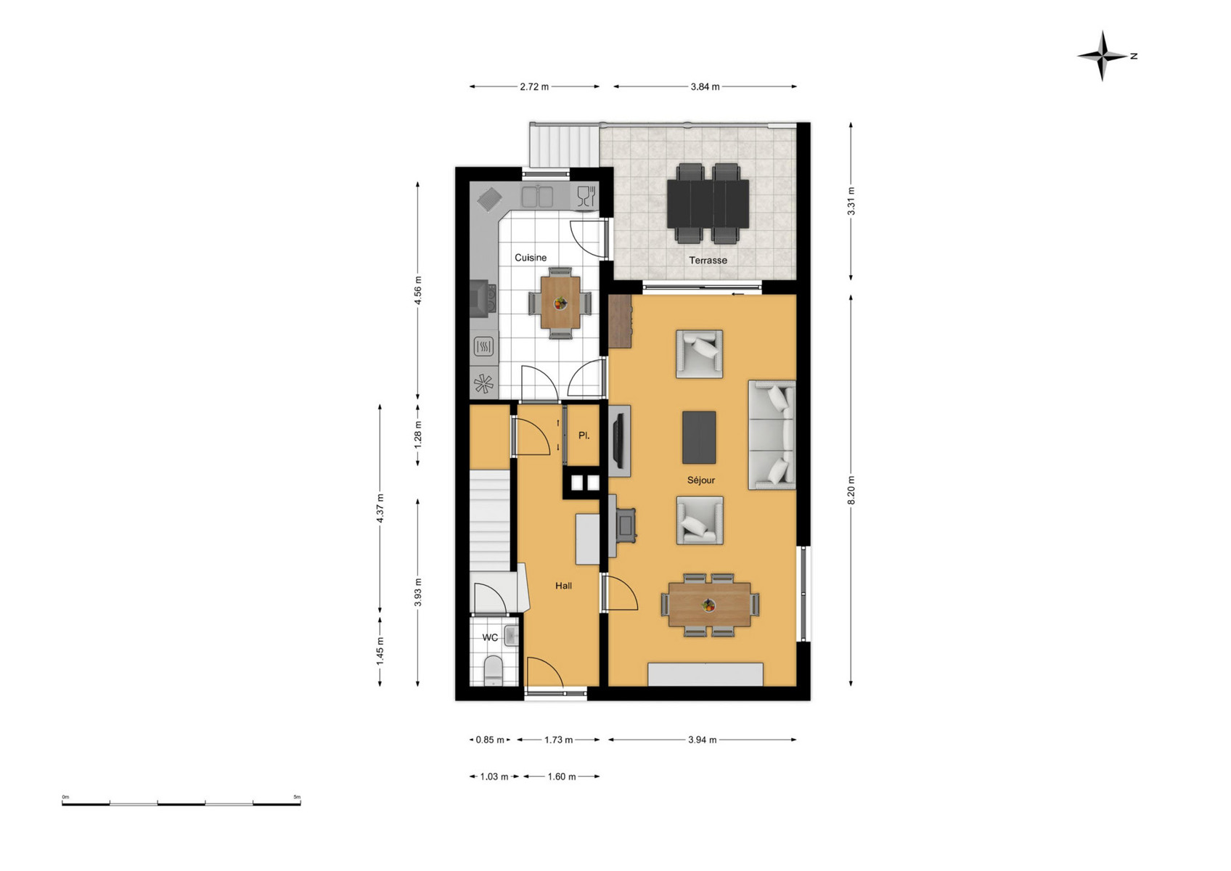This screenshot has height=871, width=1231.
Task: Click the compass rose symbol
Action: [1102, 56]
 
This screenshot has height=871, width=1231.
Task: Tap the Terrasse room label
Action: [708, 261]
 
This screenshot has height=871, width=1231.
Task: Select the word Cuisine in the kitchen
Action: [531, 258]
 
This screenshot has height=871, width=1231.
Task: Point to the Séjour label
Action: [701, 481]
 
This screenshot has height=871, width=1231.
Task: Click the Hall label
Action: [563, 586]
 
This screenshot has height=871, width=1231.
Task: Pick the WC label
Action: [490, 637]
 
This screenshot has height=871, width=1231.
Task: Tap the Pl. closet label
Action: [584, 435]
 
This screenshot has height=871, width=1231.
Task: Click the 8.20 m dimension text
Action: [851, 490]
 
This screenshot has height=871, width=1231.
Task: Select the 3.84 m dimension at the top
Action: [705, 87]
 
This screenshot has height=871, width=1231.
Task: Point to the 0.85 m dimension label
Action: [490, 740]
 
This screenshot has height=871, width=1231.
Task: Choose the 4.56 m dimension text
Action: [418, 291]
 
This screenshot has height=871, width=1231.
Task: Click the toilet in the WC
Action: [493, 671]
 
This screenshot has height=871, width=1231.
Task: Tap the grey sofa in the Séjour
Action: [772, 435]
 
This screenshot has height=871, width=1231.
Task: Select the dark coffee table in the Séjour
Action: [699, 438]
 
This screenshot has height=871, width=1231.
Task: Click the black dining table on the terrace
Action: [708, 204]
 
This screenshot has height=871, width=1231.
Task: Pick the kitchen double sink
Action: [537, 197]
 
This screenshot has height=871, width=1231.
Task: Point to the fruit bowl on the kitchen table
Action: [560, 303]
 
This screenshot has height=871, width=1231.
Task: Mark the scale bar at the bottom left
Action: [181, 803]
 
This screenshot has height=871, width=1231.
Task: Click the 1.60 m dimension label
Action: [561, 777]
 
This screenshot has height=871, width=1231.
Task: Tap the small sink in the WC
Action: [512, 637]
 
